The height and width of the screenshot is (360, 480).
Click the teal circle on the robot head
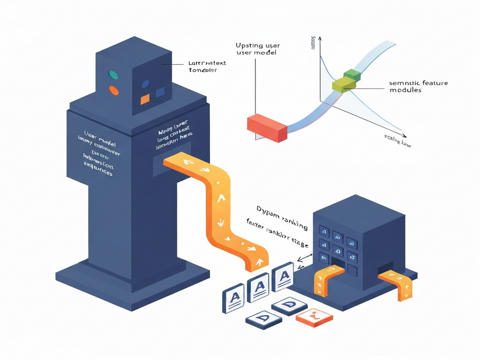112,75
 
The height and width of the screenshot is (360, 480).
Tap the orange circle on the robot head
113,91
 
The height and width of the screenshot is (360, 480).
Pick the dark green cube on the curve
351,76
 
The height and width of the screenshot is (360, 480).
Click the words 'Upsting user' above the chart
257,46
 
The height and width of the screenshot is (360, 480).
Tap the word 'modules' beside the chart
405,90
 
